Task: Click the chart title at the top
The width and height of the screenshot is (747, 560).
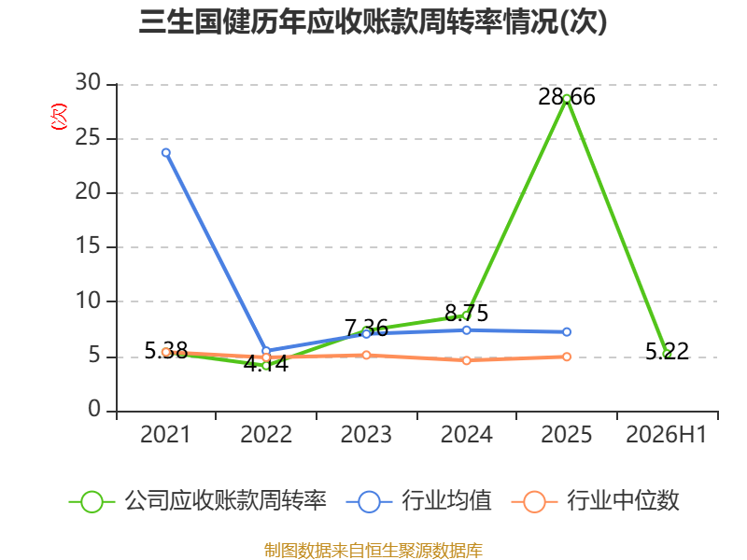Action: coord(373,21)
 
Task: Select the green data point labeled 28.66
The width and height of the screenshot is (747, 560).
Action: coord(567,99)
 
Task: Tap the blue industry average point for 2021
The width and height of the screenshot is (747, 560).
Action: coord(166,153)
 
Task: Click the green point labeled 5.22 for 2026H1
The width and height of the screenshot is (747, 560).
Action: coord(667,354)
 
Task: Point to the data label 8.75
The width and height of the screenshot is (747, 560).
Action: coord(466,313)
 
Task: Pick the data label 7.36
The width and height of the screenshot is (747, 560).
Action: coord(366,328)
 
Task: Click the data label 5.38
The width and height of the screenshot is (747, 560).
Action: coord(166,351)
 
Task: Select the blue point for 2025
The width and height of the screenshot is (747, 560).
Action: coord(567,332)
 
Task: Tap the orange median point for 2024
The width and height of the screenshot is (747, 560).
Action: coord(466,360)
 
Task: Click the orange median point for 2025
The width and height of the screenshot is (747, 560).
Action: coord(567,357)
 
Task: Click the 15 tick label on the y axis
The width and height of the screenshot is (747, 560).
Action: coord(88,245)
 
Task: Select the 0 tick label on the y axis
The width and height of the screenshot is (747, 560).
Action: coord(94,409)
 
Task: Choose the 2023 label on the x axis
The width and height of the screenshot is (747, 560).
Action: coord(366,434)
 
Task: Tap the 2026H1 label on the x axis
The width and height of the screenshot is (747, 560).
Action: coord(667,434)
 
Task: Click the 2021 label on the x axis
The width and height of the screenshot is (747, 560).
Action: coord(165,434)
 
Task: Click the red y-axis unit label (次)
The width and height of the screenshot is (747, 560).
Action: coord(59,117)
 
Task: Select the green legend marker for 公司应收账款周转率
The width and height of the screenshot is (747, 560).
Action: coord(92,502)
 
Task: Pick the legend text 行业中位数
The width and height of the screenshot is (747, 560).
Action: coord(623,501)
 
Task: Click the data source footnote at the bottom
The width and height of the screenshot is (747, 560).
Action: coord(373,551)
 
